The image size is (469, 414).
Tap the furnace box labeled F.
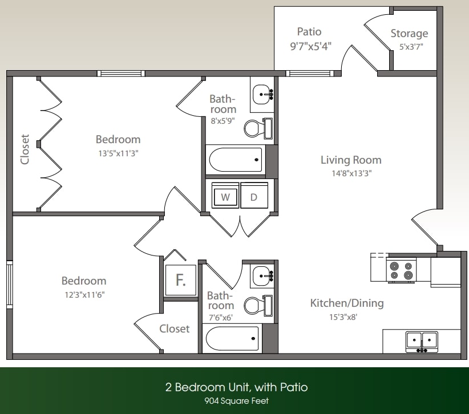(180, 281)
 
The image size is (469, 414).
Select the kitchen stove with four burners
(401, 270)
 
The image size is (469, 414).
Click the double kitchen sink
(422, 341)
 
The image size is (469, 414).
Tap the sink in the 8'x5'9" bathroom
(262, 93)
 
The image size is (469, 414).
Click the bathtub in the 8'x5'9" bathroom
(235, 160)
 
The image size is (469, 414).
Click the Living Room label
(350, 160)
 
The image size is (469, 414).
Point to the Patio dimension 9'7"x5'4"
(310, 46)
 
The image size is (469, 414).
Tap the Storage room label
(409, 34)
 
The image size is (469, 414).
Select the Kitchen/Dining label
(346, 303)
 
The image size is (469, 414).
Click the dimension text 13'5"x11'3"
(118, 153)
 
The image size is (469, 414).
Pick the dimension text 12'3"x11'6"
(84, 295)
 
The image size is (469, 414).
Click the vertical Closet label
(25, 149)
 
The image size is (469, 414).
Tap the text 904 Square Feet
(236, 401)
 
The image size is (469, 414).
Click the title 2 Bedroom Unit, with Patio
(236, 387)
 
